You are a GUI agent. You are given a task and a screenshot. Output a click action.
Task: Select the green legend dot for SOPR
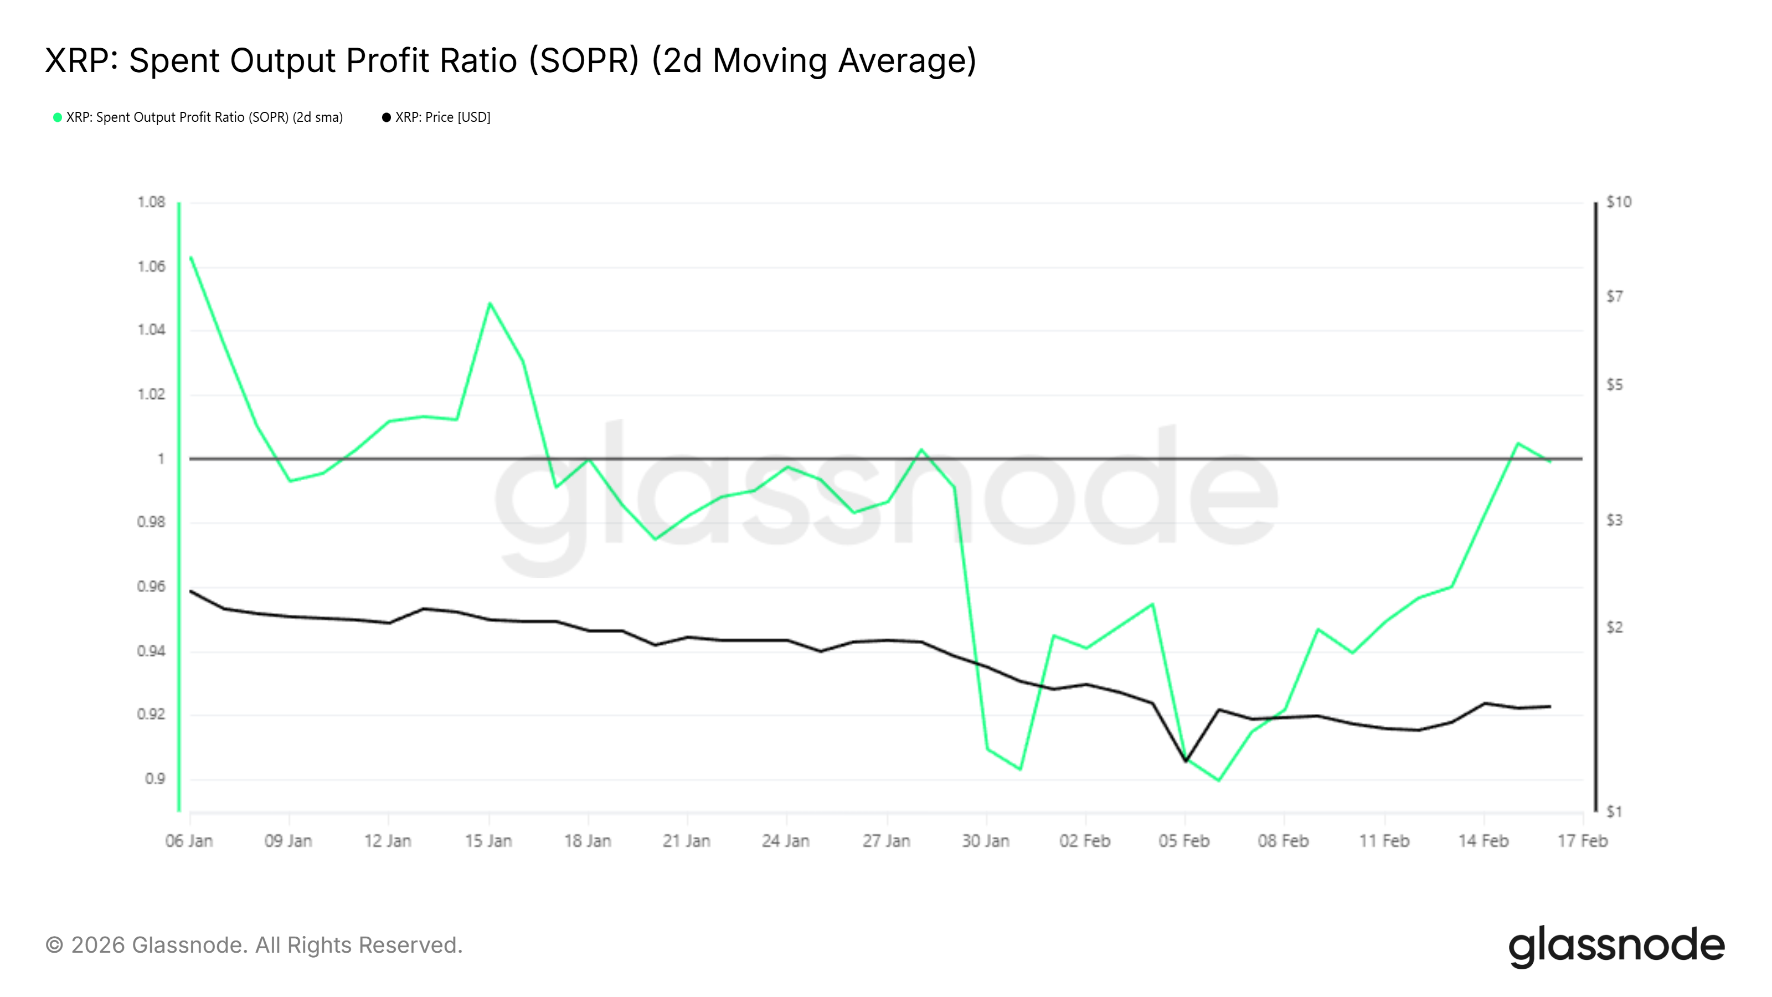[x=58, y=117]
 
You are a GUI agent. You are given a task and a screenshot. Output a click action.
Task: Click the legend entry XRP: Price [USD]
[x=442, y=117]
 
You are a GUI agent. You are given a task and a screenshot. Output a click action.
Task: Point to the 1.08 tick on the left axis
[x=151, y=202]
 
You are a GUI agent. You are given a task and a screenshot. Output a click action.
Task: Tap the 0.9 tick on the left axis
[x=155, y=779]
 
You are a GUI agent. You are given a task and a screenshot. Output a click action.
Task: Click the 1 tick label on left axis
[x=161, y=459]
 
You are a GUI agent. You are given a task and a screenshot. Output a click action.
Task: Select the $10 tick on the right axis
[x=1618, y=202]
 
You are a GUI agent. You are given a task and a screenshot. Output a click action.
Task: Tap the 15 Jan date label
[x=488, y=841]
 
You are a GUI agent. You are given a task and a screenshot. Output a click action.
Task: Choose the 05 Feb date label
[x=1184, y=841]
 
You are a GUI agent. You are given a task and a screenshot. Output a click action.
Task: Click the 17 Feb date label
[x=1582, y=841]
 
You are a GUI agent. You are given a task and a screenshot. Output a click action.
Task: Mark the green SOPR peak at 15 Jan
[x=489, y=303]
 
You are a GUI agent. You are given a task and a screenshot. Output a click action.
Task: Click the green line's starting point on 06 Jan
[x=190, y=258]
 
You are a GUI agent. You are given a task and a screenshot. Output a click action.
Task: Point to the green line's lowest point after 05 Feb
[x=1218, y=780]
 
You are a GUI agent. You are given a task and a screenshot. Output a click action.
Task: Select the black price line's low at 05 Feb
[x=1185, y=761]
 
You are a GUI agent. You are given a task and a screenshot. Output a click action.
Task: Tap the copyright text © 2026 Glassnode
[x=254, y=945]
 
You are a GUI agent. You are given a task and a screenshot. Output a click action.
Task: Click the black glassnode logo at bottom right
[x=1616, y=946]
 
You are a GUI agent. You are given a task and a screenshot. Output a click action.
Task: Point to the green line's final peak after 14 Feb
[x=1517, y=443]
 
